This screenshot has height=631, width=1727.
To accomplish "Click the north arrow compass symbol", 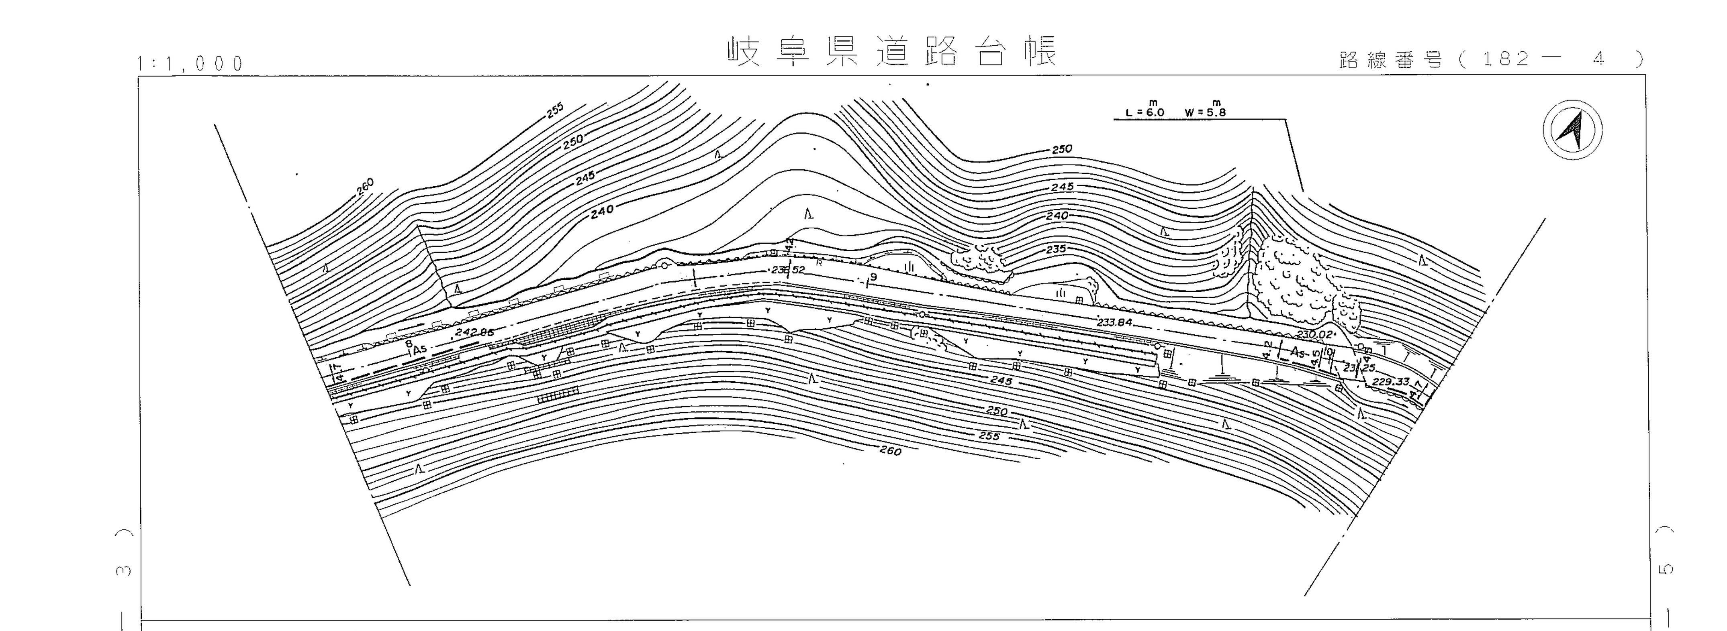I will pyautogui.click(x=1572, y=130).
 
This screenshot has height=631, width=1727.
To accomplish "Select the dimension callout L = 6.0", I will pyautogui.click(x=1145, y=112).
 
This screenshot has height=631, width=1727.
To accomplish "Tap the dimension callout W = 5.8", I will pyautogui.click(x=1205, y=112).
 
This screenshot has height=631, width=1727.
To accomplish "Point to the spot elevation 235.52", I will pyautogui.click(x=788, y=270).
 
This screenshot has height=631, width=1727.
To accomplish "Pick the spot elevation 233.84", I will pyautogui.click(x=1114, y=322).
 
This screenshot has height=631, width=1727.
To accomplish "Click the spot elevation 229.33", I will pyautogui.click(x=1391, y=381).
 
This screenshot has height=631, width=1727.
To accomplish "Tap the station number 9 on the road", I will pyautogui.click(x=873, y=277).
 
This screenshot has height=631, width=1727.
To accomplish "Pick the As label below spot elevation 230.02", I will pyautogui.click(x=1299, y=352).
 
